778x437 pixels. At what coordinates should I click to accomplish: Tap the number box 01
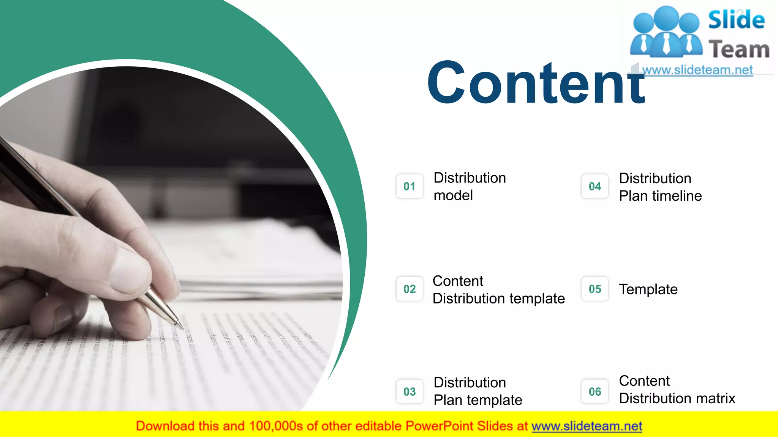(410, 186)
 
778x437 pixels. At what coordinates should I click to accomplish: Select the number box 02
(410, 289)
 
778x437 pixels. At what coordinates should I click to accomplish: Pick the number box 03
(410, 391)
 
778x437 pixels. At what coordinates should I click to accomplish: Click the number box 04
(595, 186)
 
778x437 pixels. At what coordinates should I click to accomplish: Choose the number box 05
(595, 289)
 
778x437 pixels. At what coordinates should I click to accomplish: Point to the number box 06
(595, 391)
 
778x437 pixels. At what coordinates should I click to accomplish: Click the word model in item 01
(453, 196)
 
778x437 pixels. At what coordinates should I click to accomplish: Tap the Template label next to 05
(648, 289)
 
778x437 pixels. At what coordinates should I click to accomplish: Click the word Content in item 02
(458, 281)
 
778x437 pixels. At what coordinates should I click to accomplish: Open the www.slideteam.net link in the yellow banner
(587, 426)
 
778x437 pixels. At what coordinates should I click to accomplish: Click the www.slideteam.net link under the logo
(697, 70)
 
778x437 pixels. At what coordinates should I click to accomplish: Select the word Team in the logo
(739, 50)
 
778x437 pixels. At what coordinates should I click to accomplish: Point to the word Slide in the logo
(736, 20)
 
